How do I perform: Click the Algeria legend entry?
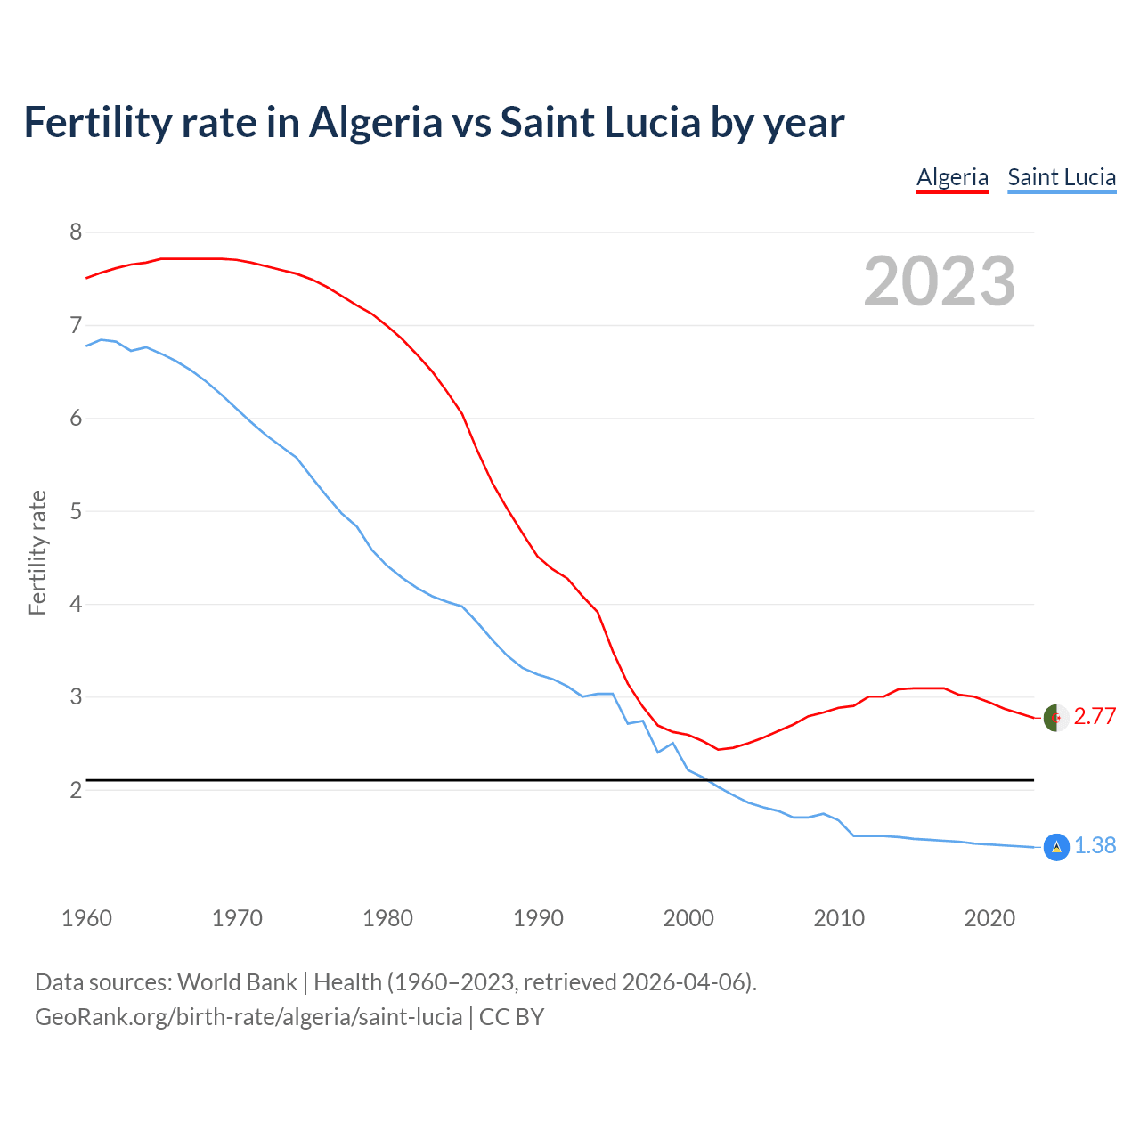click(x=952, y=177)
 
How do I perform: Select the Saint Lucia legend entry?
click(x=1062, y=177)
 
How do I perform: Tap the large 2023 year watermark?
click(x=940, y=281)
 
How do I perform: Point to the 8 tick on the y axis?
click(x=76, y=232)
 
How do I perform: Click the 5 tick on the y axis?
click(x=76, y=511)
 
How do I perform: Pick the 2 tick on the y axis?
click(x=76, y=790)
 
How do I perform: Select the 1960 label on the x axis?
click(x=86, y=918)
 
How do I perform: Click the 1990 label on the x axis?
click(x=538, y=918)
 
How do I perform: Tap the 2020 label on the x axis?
click(x=989, y=918)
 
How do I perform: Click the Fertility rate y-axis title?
click(x=37, y=552)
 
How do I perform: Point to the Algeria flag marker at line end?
click(x=1055, y=718)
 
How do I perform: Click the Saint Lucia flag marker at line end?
click(x=1055, y=847)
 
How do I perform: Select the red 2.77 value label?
click(x=1095, y=717)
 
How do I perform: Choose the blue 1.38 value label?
click(x=1095, y=846)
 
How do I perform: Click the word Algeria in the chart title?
click(x=375, y=123)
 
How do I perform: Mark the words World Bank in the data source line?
click(x=237, y=982)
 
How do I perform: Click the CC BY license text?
click(x=511, y=1017)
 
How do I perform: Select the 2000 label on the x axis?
click(x=688, y=918)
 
